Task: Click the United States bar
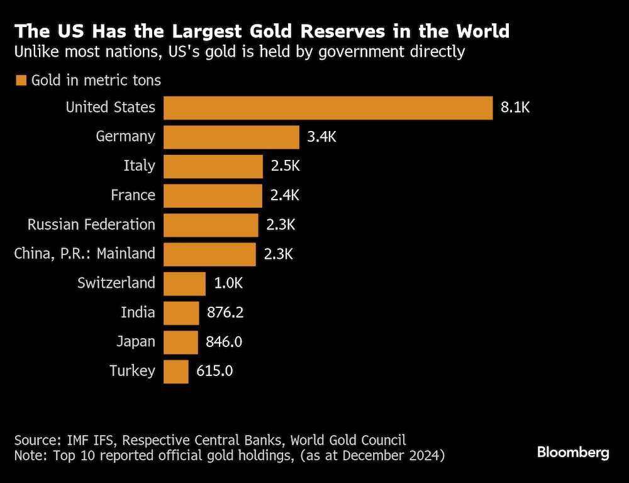pyautogui.click(x=328, y=108)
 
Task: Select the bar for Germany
pyautogui.click(x=231, y=137)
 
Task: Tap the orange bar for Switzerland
pyautogui.click(x=184, y=283)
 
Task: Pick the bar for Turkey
pyautogui.click(x=176, y=371)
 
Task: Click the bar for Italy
pyautogui.click(x=213, y=166)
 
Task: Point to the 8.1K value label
pyautogui.click(x=516, y=108)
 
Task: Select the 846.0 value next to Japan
pyautogui.click(x=224, y=342)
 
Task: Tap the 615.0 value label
pyautogui.click(x=214, y=371)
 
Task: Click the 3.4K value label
pyautogui.click(x=321, y=137)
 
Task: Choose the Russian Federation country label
pyautogui.click(x=91, y=225)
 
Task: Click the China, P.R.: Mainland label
pyautogui.click(x=84, y=254)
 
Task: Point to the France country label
pyautogui.click(x=133, y=195)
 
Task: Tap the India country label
pyautogui.click(x=138, y=312)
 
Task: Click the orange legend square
pyautogui.click(x=21, y=81)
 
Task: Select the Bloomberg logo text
pyautogui.click(x=572, y=452)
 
